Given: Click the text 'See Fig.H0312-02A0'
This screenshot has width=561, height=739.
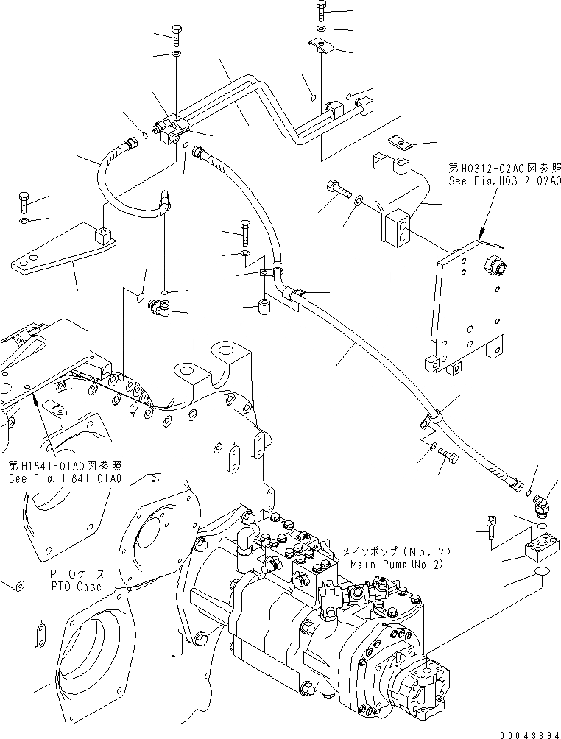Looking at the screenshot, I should [504, 180].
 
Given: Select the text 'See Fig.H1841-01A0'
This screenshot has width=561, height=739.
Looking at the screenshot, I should [65, 478].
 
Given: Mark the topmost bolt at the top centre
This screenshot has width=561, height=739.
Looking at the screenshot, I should [322, 10].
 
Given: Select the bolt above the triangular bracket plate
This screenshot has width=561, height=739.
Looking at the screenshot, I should [24, 200].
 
